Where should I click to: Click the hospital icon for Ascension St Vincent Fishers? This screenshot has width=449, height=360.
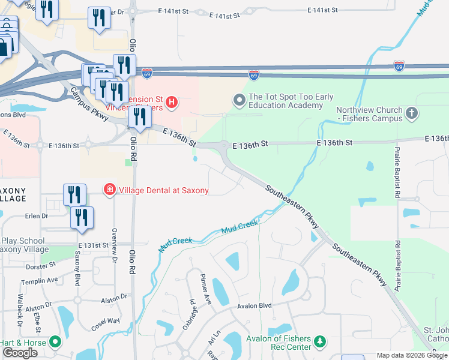point(172,103)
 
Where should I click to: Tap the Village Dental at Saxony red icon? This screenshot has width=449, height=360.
point(109,190)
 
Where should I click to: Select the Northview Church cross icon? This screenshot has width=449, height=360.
point(412,113)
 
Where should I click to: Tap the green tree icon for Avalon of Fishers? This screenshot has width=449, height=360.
point(320,341)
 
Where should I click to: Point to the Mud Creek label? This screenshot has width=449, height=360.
point(240,227)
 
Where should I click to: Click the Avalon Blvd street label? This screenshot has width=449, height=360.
point(254,305)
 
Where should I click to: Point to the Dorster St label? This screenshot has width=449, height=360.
point(41,263)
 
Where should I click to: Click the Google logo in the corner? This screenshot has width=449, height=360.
point(20,353)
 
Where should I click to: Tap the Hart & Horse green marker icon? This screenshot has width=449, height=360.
point(56,342)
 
